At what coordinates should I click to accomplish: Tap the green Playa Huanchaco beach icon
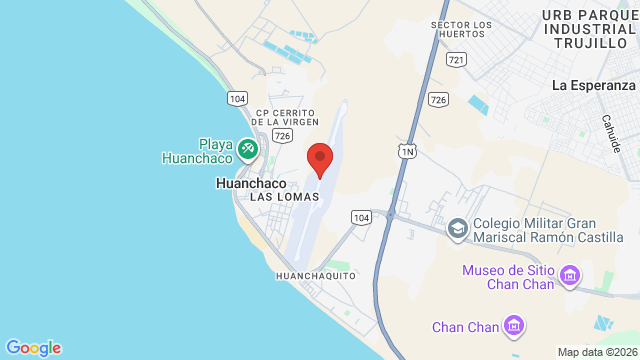click(247, 151)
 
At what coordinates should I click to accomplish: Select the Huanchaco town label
click(251, 184)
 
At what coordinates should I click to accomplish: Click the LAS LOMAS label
click(285, 197)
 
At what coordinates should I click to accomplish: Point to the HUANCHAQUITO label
click(315, 275)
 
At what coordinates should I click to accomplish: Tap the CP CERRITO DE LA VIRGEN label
click(287, 117)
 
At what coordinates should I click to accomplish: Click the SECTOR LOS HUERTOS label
click(461, 29)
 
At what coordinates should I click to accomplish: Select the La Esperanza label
click(594, 86)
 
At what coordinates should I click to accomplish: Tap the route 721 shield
click(457, 61)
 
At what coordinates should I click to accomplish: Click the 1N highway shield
click(407, 150)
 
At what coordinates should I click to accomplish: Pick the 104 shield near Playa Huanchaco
click(238, 98)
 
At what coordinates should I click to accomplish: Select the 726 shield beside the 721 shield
click(438, 99)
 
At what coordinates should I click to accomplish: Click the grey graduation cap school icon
click(457, 230)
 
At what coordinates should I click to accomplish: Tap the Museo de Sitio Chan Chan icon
click(570, 273)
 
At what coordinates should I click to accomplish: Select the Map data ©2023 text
click(597, 352)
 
